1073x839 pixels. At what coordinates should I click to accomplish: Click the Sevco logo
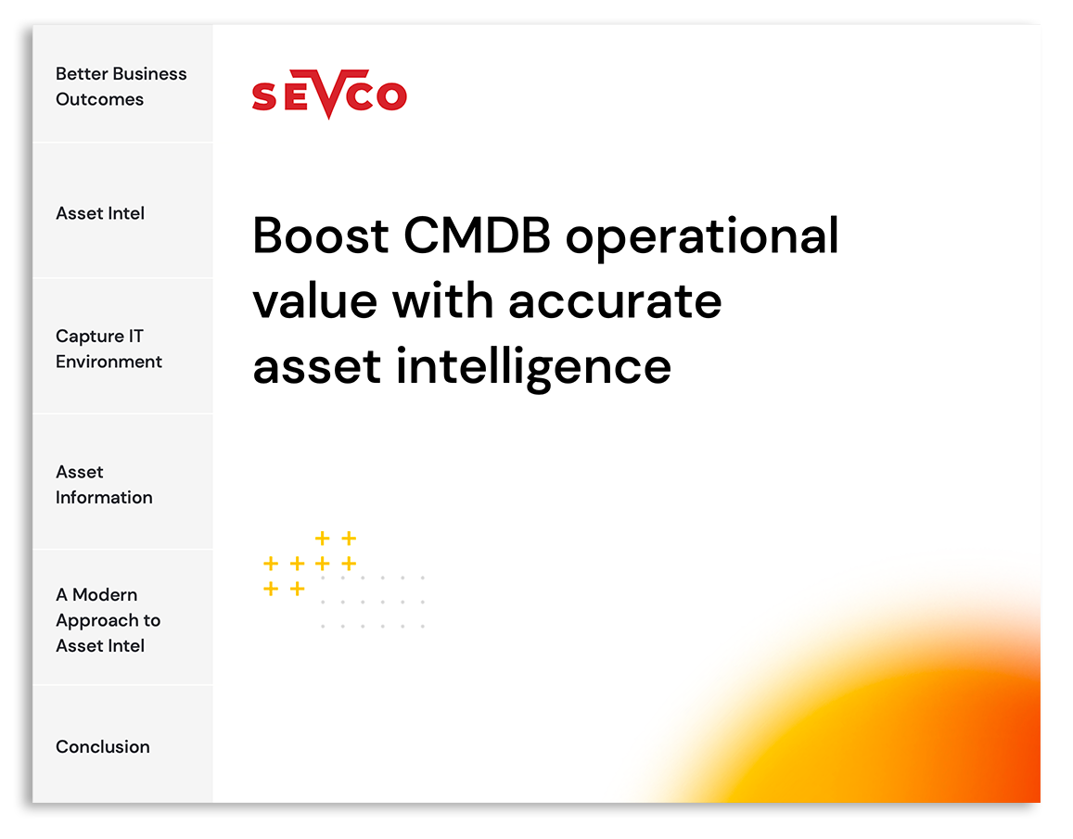coord(329,94)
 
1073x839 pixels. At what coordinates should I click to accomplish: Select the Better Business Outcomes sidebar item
coord(121,86)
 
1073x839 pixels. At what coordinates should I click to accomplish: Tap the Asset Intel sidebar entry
coord(100,213)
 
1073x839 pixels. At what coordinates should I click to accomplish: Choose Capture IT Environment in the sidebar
coord(109,349)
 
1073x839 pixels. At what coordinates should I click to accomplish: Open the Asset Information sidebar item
coord(104,485)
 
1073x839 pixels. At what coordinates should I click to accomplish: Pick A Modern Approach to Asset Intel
coord(109,620)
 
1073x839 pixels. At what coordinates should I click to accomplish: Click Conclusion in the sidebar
coord(103,746)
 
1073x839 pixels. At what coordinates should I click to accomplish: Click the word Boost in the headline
coord(320,235)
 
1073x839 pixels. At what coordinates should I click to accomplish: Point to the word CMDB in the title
coord(477,235)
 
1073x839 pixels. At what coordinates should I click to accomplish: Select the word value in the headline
coord(314,301)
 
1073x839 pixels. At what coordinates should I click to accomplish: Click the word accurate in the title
coord(615,302)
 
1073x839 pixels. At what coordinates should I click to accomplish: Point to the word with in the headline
coord(442,300)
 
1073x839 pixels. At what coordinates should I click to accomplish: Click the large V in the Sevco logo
coord(329,95)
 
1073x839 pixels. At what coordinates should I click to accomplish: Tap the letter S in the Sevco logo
coord(264,96)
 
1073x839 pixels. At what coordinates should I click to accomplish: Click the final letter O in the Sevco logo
coord(391,95)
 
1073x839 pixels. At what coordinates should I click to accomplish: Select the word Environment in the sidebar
coord(109,362)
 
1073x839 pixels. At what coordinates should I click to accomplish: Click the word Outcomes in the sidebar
coord(100,99)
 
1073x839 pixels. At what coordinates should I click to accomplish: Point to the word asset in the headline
coord(316,367)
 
